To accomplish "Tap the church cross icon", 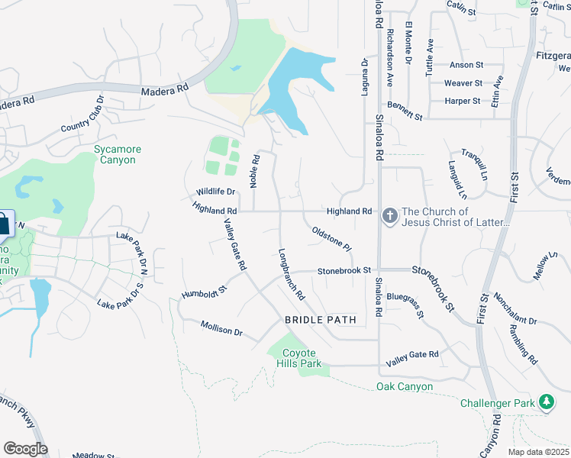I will coord(390,216).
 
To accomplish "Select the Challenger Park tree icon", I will coord(547,401).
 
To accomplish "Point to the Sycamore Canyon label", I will coord(115,154).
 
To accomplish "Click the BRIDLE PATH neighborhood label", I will coord(321,320).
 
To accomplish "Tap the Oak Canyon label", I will coord(405,387).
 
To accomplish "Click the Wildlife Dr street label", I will coord(215,192).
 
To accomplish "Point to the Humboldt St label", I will coord(205,292).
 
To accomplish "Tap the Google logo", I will coord(25,449).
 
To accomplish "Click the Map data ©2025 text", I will coord(538,452).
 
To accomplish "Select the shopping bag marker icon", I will coord(4,224).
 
